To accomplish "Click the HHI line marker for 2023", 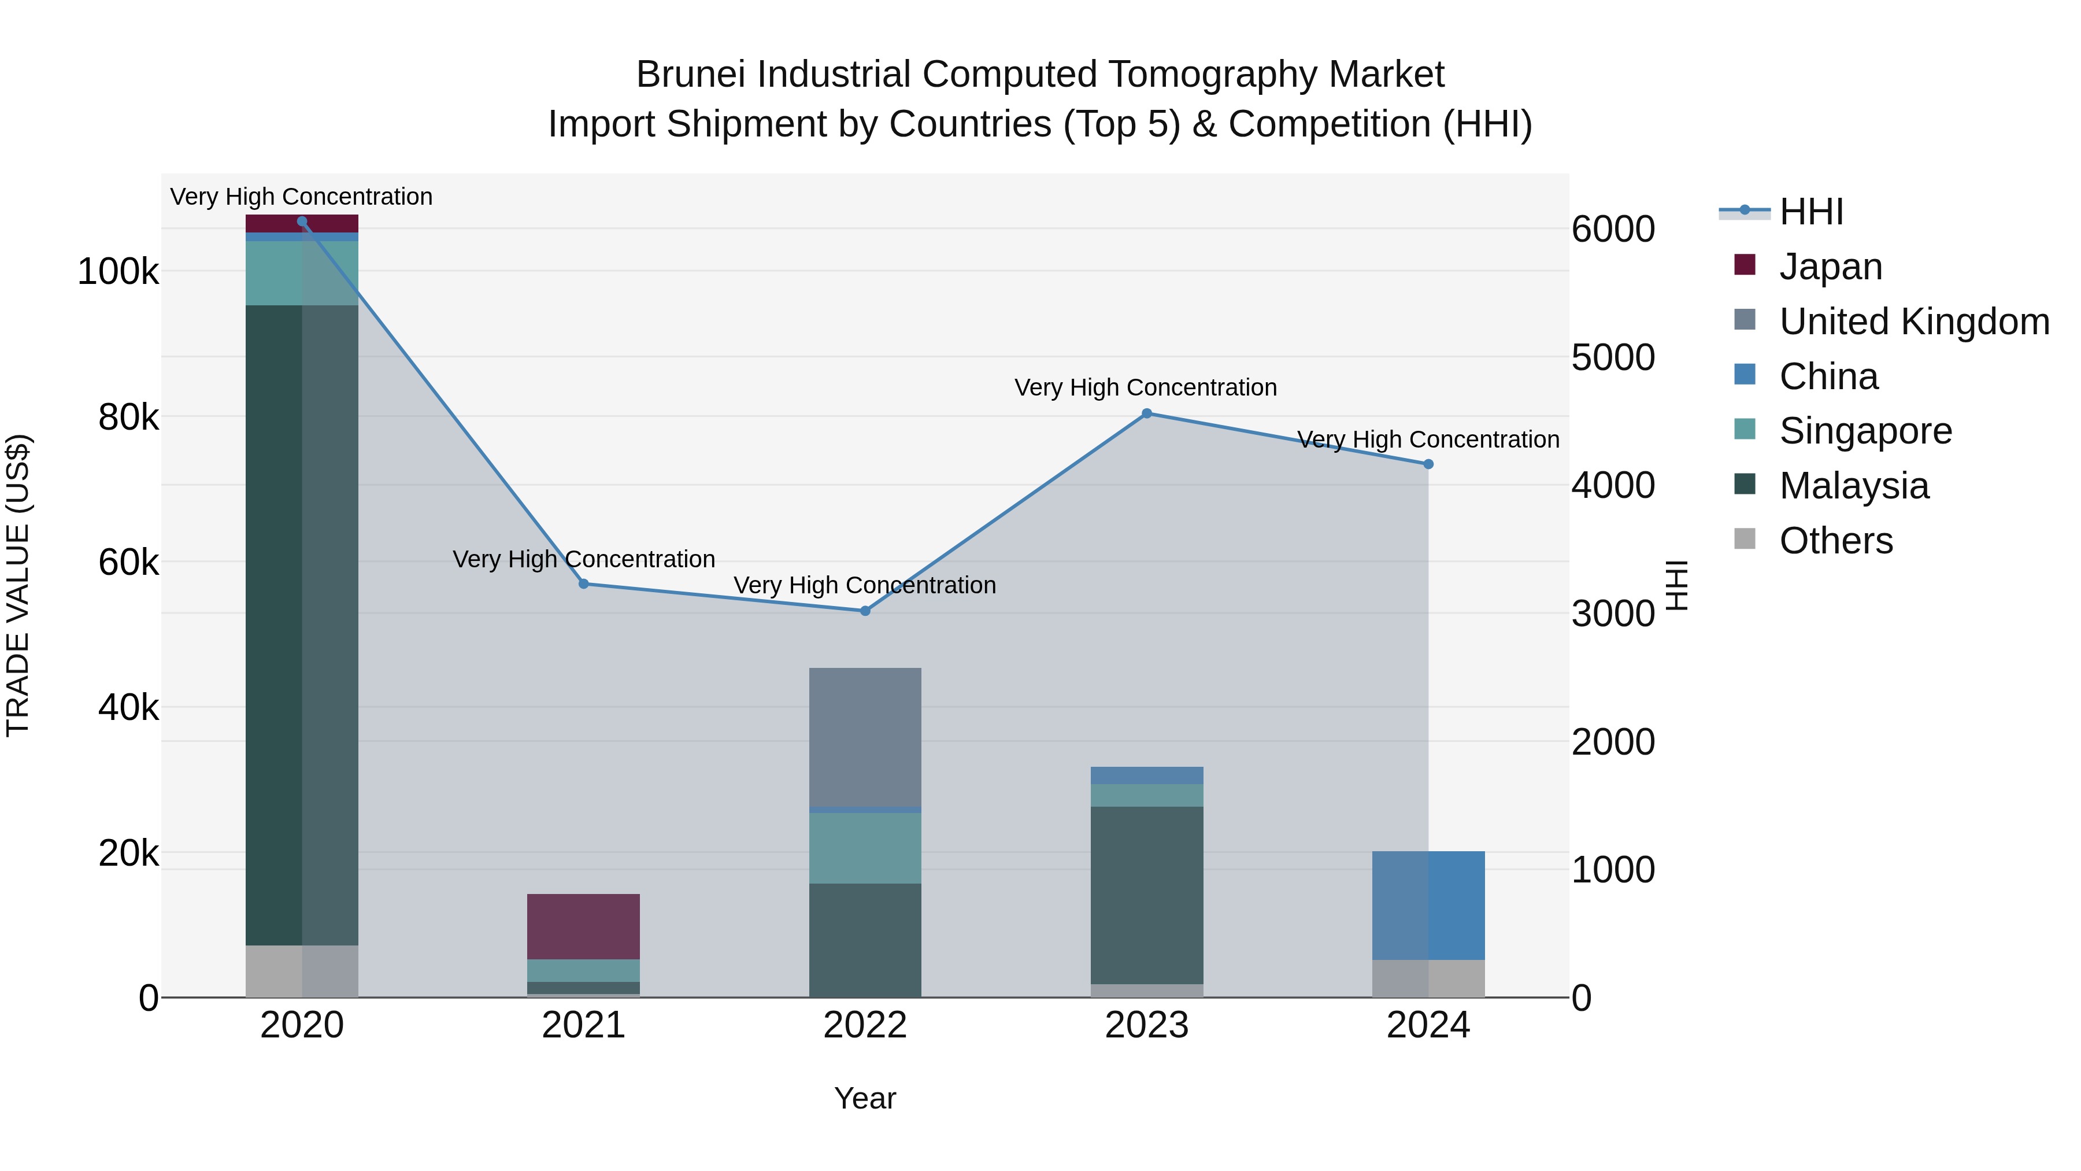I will [x=1146, y=414].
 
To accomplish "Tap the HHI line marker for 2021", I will [x=583, y=583].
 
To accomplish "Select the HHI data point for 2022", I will [x=865, y=611].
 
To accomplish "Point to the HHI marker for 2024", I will [x=1428, y=464].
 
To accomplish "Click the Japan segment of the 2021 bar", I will [x=583, y=926].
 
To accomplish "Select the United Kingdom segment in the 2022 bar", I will [x=865, y=737].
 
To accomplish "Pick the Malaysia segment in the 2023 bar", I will [x=1146, y=895].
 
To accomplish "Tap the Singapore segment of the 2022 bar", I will [x=865, y=848].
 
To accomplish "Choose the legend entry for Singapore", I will [x=1864, y=431].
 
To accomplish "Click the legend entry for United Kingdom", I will [x=1913, y=322].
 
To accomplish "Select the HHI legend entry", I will [x=1810, y=212].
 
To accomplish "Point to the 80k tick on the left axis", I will [x=128, y=418].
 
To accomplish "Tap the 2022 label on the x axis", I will [x=865, y=1025].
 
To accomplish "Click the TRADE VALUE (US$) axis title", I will [x=18, y=585].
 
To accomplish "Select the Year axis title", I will [x=865, y=1098].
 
